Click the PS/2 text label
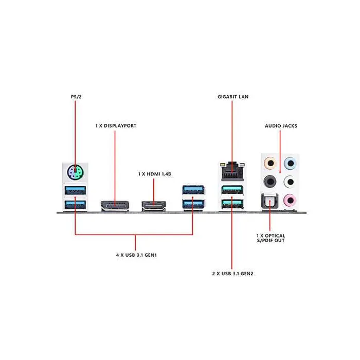(75, 96)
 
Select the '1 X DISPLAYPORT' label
(116, 125)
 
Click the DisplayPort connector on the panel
(115, 206)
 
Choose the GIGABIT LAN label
(233, 96)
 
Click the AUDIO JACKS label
(281, 125)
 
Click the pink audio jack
(291, 200)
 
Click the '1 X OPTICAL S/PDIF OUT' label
(271, 238)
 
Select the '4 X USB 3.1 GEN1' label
(136, 255)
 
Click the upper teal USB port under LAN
(231, 190)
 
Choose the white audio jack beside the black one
(291, 182)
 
